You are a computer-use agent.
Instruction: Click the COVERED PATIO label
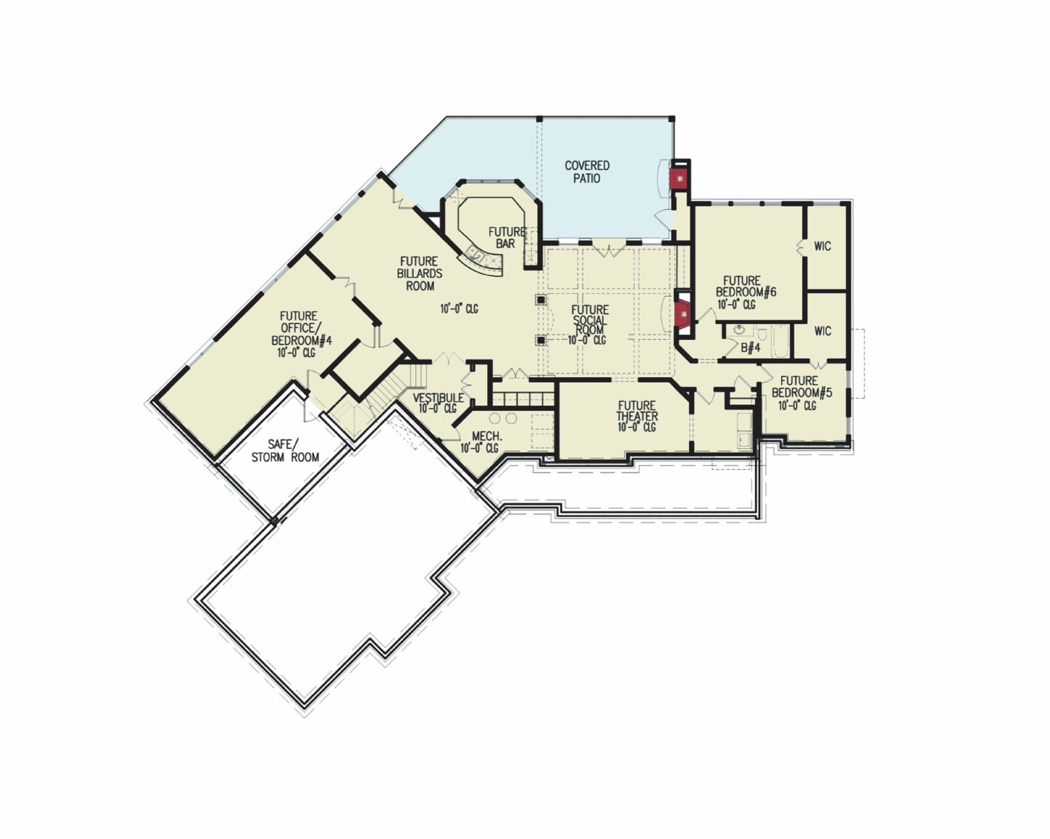[x=587, y=172]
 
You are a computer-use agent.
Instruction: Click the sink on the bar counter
[x=475, y=254]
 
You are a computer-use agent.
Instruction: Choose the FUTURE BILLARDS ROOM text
[x=419, y=273]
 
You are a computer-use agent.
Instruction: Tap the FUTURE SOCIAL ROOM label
[x=589, y=320]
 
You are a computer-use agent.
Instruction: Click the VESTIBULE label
[x=438, y=398]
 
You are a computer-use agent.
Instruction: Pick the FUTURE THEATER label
[x=637, y=411]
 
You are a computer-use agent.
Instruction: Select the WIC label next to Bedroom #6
[x=822, y=246]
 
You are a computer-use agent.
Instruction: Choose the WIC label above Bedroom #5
[x=822, y=331]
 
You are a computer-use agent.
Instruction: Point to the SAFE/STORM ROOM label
[x=285, y=450]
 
